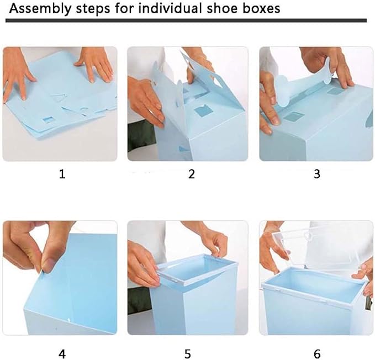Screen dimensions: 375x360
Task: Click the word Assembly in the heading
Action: pos(40,9)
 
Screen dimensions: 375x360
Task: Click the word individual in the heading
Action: pos(170,8)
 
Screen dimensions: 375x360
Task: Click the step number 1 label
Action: pos(62,174)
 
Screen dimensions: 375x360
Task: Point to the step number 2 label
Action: pos(191,174)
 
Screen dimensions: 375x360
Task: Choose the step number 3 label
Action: pos(316,174)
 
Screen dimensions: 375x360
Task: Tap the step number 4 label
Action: pos(62,354)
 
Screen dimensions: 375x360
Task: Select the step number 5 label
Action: pos(188,354)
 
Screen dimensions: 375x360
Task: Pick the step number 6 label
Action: pos(317,354)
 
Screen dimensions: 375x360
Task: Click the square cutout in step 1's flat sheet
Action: pos(48,119)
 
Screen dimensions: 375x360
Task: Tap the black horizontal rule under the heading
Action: pos(186,20)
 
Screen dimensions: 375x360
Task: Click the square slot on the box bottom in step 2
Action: pos(203,112)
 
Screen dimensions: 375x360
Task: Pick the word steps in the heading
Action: pos(93,9)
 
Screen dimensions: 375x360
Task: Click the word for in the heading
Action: pos(124,8)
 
